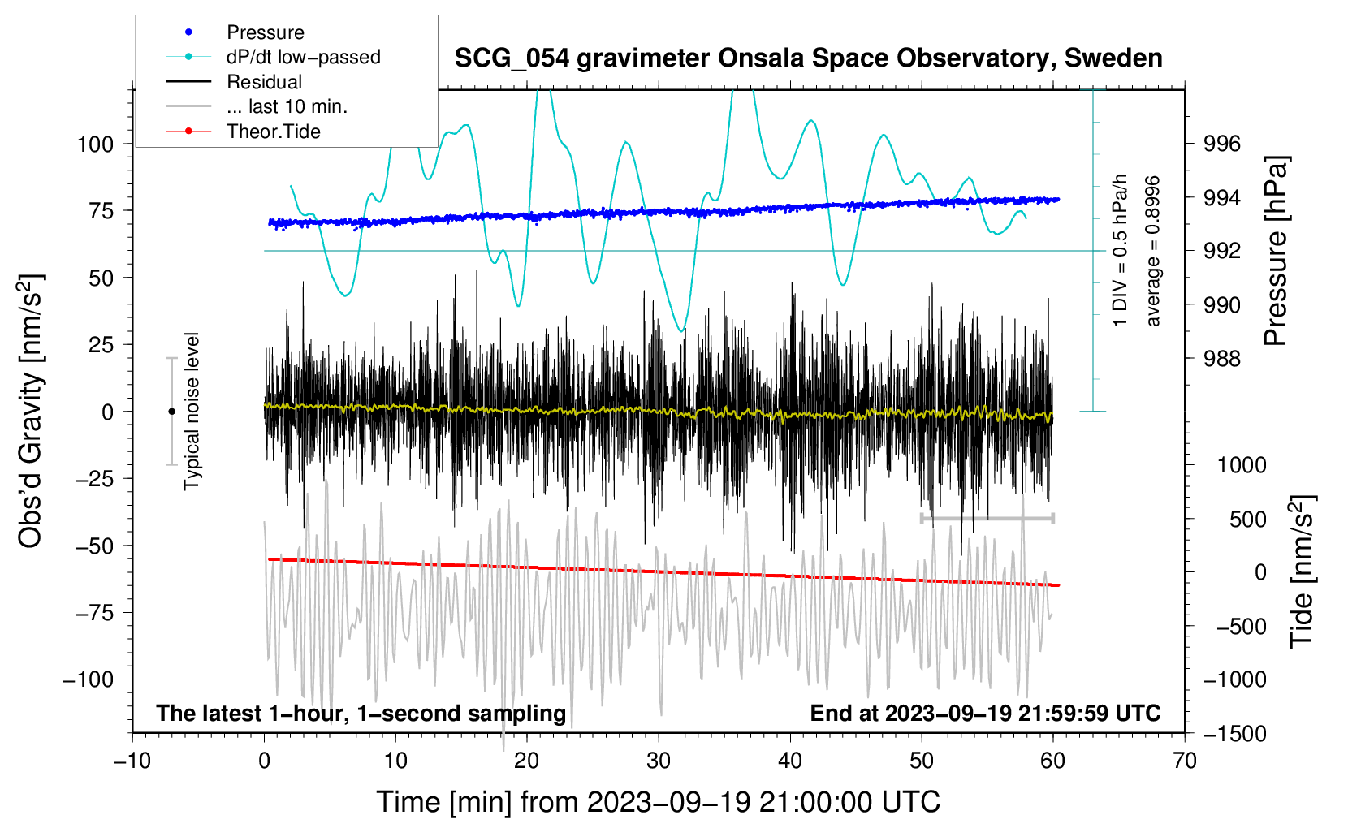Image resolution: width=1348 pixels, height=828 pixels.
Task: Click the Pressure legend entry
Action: tap(265, 32)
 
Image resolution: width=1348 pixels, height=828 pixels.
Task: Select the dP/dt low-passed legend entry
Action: tap(303, 57)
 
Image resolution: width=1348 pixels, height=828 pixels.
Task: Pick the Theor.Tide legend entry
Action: tap(273, 132)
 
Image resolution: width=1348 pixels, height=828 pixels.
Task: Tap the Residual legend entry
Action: tap(264, 82)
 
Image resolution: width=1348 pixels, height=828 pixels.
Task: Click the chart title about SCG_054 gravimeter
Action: tap(808, 58)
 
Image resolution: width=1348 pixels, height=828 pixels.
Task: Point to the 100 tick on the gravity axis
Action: tap(95, 144)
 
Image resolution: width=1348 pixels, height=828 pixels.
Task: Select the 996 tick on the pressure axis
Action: tap(1222, 144)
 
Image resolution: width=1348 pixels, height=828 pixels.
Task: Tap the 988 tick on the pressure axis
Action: tap(1222, 358)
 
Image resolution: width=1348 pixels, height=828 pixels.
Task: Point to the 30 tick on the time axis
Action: tap(659, 761)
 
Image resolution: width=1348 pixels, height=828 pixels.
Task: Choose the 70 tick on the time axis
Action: tap(1185, 761)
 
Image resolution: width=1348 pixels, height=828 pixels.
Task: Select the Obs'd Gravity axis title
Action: tap(31, 412)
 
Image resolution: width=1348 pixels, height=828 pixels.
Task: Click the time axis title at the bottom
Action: tap(658, 802)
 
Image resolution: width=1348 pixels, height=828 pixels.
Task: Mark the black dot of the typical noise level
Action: tap(171, 412)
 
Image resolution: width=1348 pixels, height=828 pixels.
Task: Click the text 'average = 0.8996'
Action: tap(1153, 251)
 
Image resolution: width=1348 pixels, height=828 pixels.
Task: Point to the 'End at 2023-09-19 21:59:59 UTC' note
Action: tap(985, 714)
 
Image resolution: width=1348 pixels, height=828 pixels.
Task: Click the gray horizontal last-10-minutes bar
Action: tap(987, 518)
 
